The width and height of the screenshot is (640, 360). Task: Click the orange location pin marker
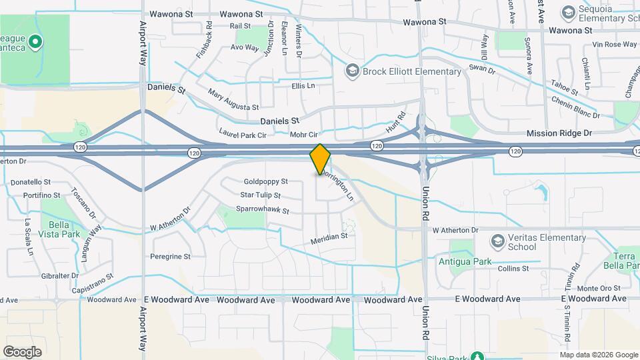coord(320,159)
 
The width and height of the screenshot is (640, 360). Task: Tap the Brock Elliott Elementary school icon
coord(352,71)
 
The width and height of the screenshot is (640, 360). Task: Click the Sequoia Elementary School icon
coord(568,13)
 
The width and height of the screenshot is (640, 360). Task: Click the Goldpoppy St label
coord(265,181)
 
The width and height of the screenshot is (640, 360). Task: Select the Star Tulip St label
coord(260,195)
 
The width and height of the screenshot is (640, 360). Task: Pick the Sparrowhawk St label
coord(262,211)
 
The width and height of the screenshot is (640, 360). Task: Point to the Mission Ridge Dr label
coord(559,133)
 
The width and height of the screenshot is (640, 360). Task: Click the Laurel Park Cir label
coord(243,134)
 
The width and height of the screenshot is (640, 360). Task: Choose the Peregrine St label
coord(170,256)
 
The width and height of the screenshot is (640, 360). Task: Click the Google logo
coord(21,352)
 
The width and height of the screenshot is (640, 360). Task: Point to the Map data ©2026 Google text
coord(599,355)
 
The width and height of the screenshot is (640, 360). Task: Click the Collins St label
coord(513,269)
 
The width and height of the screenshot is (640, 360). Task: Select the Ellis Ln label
coord(303,86)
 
